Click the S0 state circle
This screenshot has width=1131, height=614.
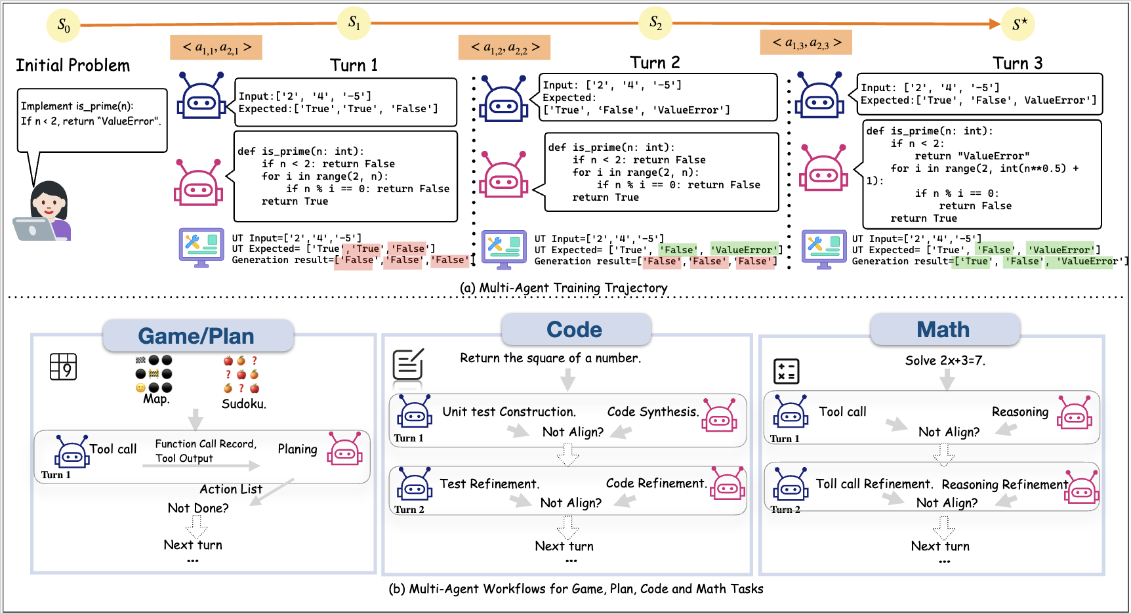[x=63, y=26]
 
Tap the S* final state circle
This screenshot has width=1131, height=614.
[x=1018, y=24]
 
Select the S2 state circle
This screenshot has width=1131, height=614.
[x=655, y=24]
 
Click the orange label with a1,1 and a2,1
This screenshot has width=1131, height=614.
[x=216, y=47]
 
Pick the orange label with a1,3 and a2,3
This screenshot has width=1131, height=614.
[x=806, y=43]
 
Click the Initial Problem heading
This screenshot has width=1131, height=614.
[x=73, y=66]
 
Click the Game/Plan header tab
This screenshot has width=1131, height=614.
[x=197, y=336]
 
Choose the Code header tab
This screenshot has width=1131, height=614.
[x=575, y=329]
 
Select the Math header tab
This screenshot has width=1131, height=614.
[x=944, y=329]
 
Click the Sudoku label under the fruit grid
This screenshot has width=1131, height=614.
[x=243, y=404]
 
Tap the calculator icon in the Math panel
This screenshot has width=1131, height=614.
[x=786, y=371]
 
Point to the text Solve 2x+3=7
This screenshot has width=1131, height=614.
[x=945, y=360]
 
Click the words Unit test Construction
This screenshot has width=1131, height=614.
[x=509, y=412]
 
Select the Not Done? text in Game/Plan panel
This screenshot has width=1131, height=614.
[x=198, y=508]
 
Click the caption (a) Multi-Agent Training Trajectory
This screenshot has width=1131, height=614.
[x=563, y=288]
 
